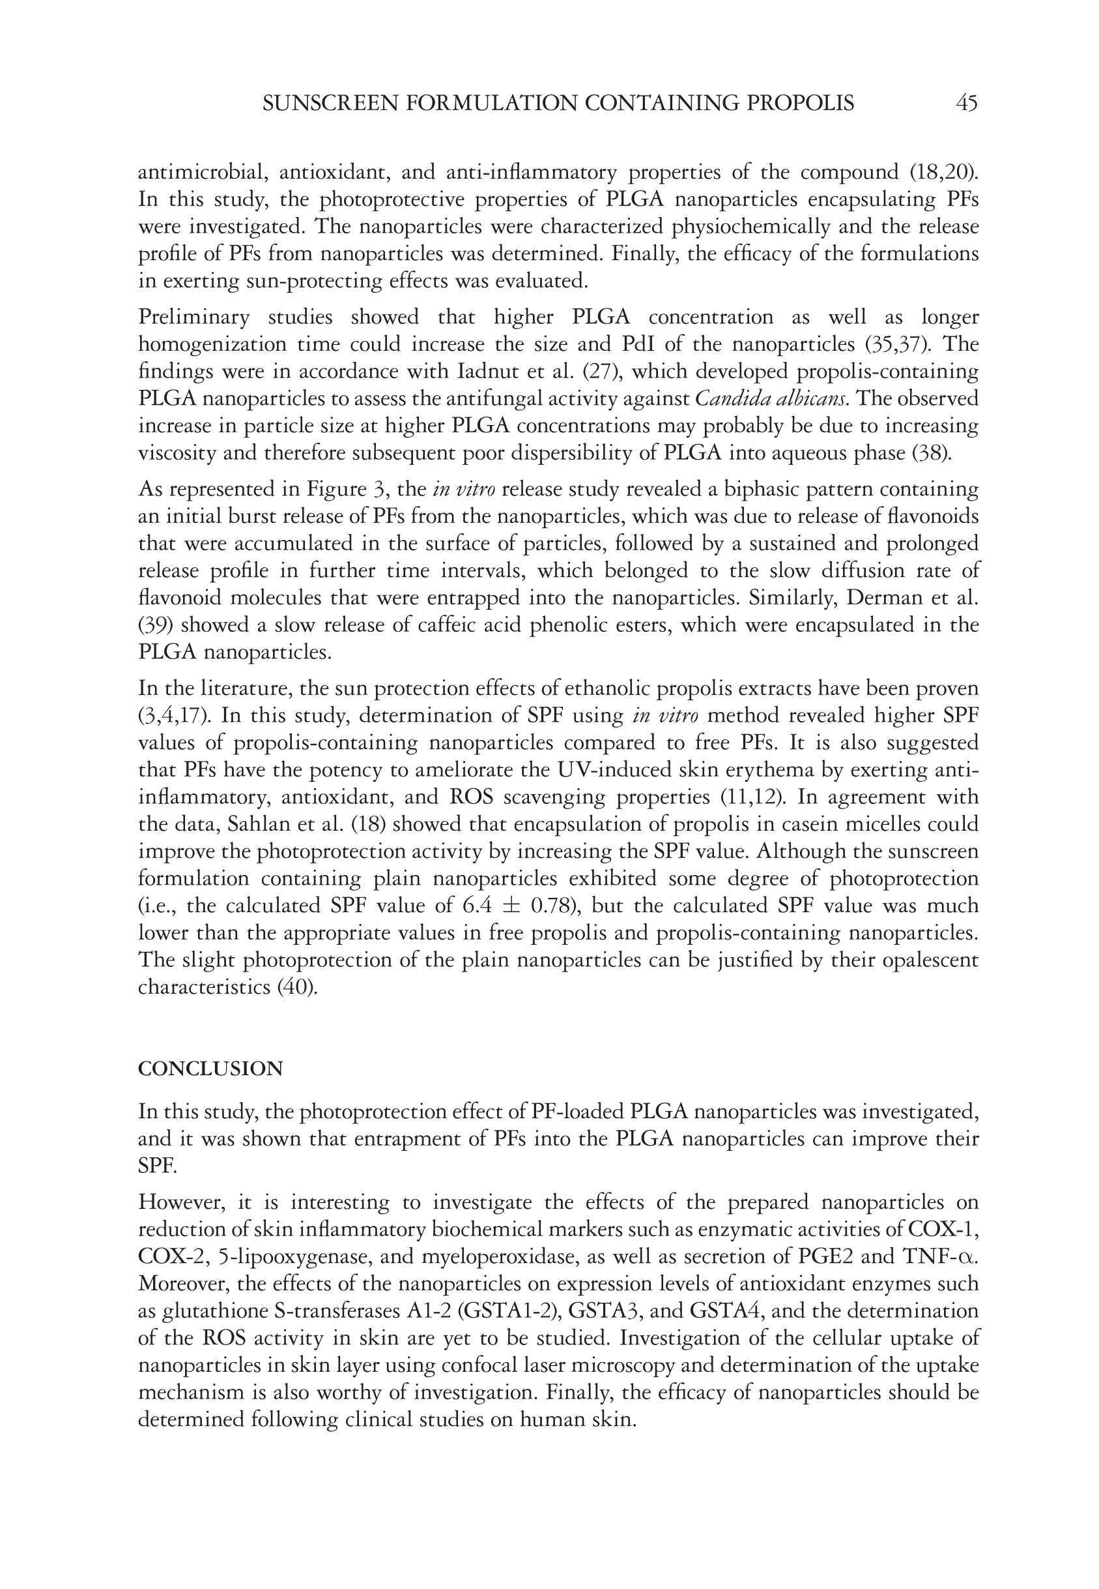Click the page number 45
pos(966,104)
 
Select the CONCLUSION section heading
pos(210,1069)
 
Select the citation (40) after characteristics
pos(297,987)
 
